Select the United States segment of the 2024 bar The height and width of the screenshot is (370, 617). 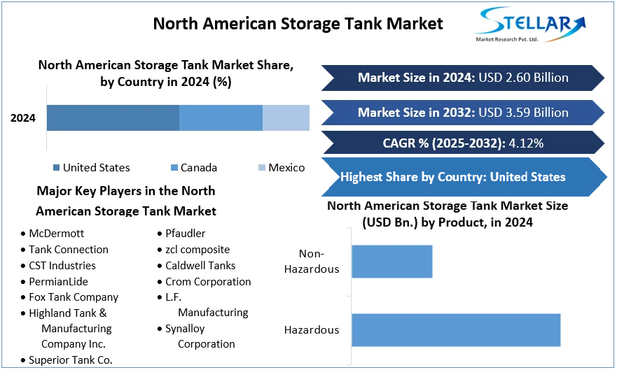pos(113,118)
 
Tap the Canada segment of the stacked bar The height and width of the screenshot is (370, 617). pos(221,118)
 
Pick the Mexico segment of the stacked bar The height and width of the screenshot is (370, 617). pos(286,118)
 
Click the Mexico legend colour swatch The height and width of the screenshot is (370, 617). pos(262,168)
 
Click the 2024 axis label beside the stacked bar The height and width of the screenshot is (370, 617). pos(23,118)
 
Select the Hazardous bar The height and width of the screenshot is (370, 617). pos(456,330)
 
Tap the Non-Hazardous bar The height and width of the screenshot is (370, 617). pos(391,262)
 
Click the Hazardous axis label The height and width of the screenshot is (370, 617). pos(312,330)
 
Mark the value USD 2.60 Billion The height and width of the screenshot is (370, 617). pos(523,78)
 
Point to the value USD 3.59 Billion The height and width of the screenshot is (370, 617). pos(523,113)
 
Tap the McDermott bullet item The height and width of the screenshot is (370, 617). pos(54,234)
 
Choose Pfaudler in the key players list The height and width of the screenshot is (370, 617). pos(185,234)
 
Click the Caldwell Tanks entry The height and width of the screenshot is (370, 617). pos(200,266)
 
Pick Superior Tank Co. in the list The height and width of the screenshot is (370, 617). pos(70,360)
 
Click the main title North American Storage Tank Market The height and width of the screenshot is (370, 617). pos(298,24)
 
